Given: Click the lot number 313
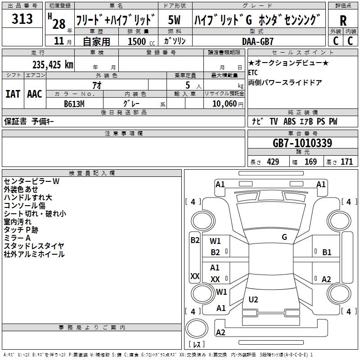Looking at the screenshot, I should click(22, 19).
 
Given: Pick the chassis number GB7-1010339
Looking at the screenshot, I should click(302, 143).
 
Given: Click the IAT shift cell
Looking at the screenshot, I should click(13, 94).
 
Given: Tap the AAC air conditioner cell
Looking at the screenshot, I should click(34, 94).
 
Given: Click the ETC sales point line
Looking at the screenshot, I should click(253, 72).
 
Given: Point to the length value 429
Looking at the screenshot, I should click(273, 162).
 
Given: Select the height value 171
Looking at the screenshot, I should click(346, 162).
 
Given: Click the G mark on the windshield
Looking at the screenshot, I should click(284, 237).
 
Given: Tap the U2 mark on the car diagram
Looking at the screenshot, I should click(253, 299).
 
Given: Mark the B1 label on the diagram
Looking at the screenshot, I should click(327, 252).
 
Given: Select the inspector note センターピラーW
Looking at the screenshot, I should click(31, 181).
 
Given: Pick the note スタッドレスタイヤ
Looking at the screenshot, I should click(34, 246).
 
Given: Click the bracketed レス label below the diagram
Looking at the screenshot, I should click(196, 345).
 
